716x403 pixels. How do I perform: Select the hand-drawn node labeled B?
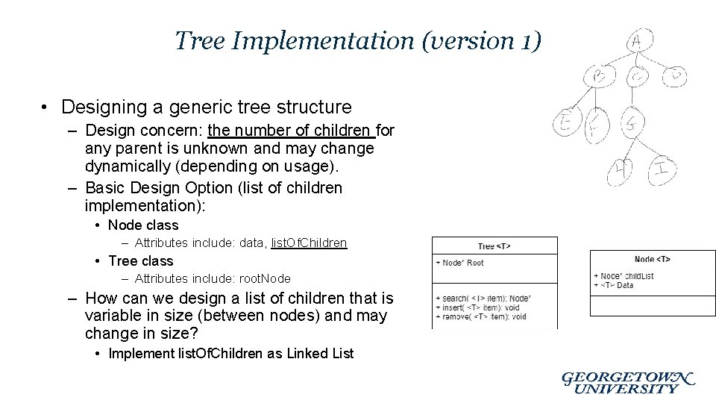tap(599, 75)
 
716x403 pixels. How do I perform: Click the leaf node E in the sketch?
tap(565, 124)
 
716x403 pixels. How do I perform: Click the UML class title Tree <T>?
tap(494, 246)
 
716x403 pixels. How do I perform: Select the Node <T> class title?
tap(652, 259)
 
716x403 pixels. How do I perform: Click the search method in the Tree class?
tap(477, 299)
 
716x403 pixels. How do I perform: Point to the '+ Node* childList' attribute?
tap(624, 276)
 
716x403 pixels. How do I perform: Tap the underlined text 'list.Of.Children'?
tap(309, 243)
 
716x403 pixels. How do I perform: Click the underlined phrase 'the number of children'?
tap(291, 131)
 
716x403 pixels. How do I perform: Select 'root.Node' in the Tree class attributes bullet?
tap(265, 279)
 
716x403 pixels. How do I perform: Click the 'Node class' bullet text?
tap(143, 225)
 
